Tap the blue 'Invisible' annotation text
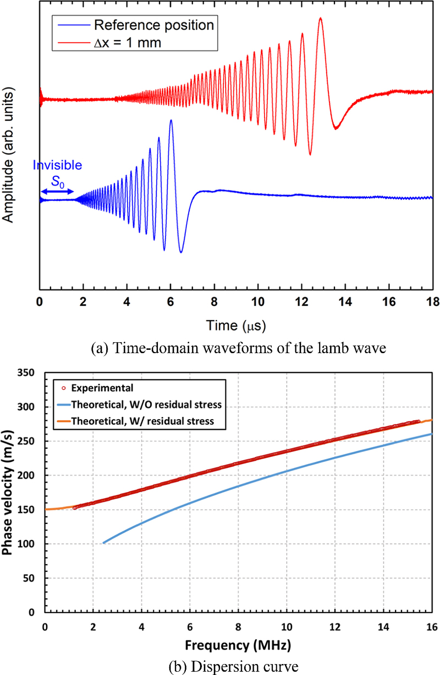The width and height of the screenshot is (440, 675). coord(57,165)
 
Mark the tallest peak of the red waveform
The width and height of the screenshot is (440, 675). coord(320,19)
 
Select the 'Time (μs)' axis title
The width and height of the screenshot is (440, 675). coord(236,326)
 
